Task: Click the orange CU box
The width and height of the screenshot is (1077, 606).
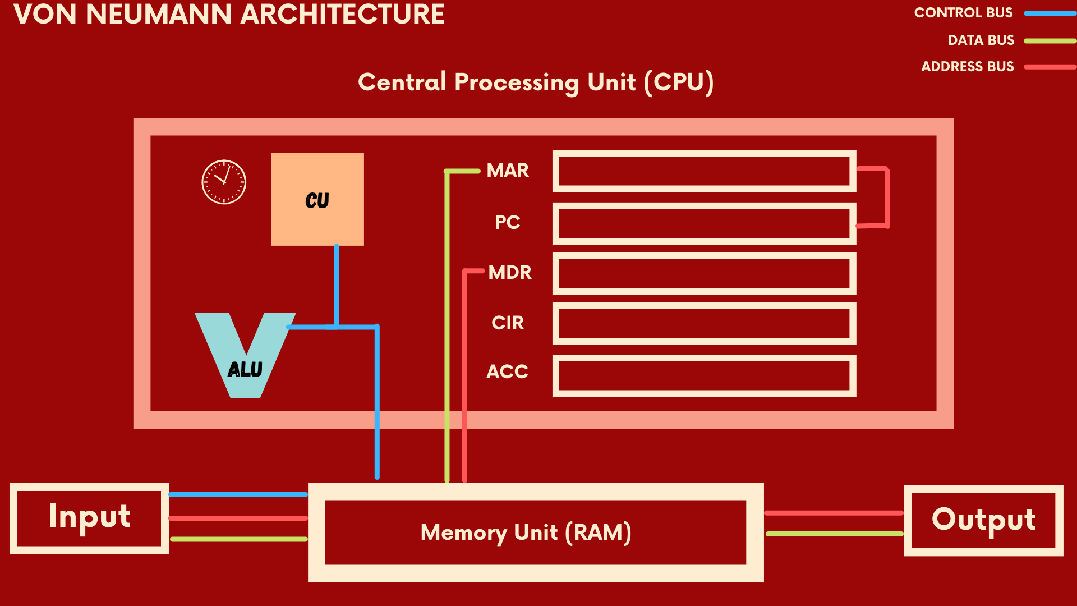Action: click(317, 199)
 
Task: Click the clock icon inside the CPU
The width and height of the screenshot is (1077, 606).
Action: click(224, 182)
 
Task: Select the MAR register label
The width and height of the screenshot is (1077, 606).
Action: click(508, 170)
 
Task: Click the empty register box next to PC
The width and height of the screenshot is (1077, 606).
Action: click(704, 223)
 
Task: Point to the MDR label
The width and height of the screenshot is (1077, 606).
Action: click(509, 272)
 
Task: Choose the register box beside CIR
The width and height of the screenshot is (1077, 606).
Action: click(704, 324)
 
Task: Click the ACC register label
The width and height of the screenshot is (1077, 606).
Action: click(507, 371)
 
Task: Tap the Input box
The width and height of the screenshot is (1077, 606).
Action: click(89, 518)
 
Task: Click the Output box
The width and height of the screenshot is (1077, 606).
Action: click(983, 520)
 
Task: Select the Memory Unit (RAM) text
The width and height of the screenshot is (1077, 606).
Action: click(526, 532)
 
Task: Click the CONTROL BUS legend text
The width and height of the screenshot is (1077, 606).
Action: click(963, 12)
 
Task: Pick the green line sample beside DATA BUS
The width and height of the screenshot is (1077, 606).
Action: click(1050, 40)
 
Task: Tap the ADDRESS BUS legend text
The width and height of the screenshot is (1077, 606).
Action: click(967, 66)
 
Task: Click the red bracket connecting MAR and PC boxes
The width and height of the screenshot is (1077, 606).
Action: click(887, 196)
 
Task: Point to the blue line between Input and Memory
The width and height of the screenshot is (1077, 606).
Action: click(238, 494)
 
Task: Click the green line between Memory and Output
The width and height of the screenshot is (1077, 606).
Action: click(834, 534)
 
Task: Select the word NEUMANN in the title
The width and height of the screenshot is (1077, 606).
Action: click(159, 14)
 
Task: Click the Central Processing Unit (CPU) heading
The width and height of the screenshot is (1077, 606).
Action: click(536, 82)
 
